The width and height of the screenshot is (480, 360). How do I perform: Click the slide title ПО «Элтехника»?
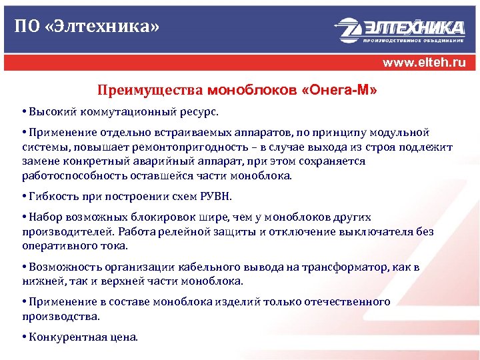click(x=87, y=27)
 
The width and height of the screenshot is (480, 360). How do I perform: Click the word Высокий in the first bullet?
click(x=50, y=109)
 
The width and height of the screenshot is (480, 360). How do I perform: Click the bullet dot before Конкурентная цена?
click(x=24, y=337)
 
